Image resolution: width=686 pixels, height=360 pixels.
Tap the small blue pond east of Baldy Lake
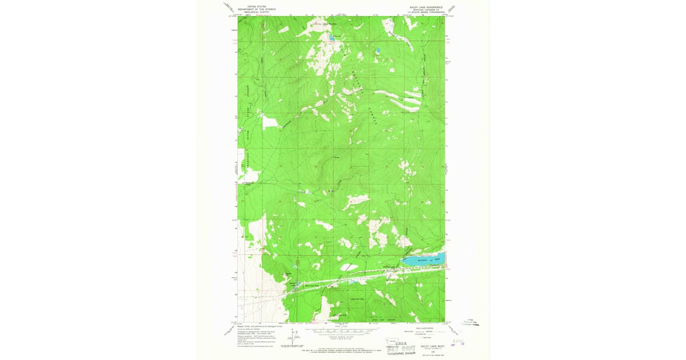pos(377,51)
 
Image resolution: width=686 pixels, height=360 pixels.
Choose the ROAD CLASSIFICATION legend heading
pos(422,327)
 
